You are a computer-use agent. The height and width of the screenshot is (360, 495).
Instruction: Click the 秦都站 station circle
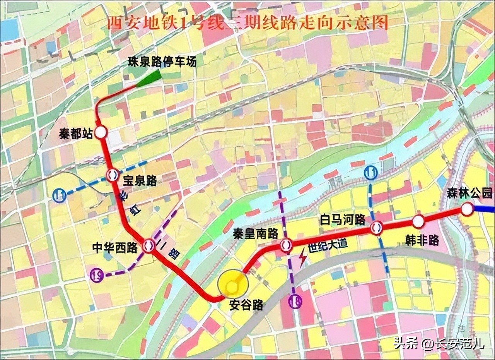click(101, 133)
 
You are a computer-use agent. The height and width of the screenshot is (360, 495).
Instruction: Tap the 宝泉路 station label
click(140, 180)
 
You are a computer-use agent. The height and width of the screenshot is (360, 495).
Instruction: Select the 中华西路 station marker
click(148, 245)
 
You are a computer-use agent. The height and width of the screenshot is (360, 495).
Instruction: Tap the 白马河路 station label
click(342, 220)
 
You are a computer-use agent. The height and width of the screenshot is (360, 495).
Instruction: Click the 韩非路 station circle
click(418, 221)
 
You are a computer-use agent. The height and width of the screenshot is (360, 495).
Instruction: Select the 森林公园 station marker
click(467, 209)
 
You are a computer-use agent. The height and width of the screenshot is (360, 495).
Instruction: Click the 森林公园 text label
click(470, 193)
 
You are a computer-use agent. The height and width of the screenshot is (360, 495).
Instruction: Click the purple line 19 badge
click(96, 275)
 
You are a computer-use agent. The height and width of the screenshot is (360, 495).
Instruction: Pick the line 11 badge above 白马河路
click(370, 173)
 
